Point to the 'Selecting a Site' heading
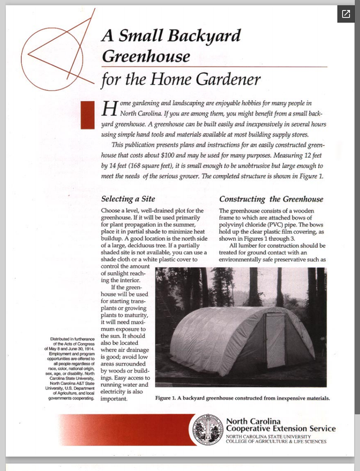click(132, 199)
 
